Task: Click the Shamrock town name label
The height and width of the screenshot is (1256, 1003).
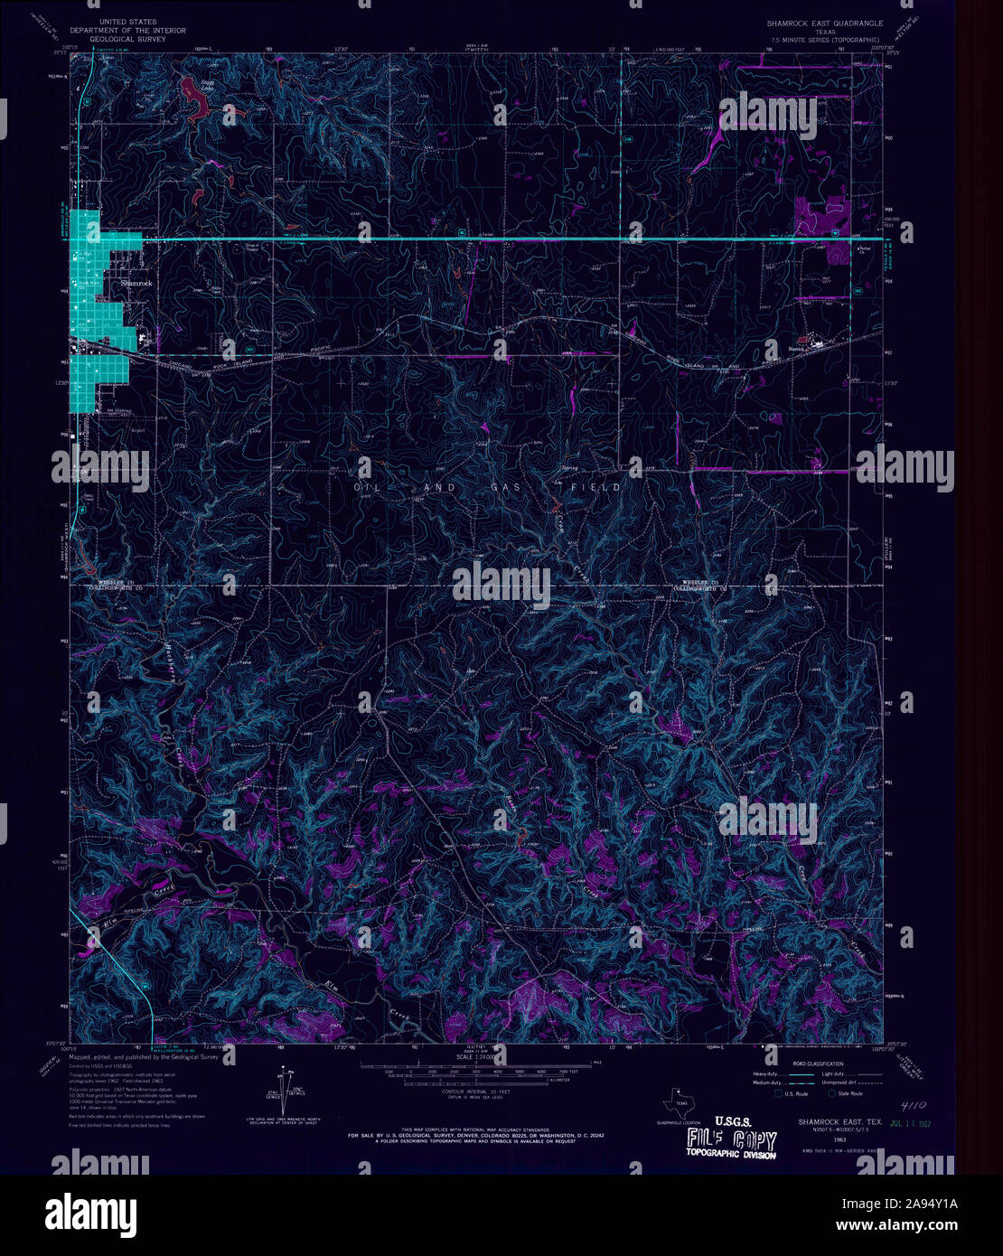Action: (x=136, y=283)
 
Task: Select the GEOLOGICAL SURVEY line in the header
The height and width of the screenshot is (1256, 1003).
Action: (x=127, y=40)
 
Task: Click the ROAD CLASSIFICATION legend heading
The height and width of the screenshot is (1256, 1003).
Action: (x=818, y=1064)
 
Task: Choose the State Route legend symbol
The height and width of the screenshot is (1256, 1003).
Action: (x=831, y=1093)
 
